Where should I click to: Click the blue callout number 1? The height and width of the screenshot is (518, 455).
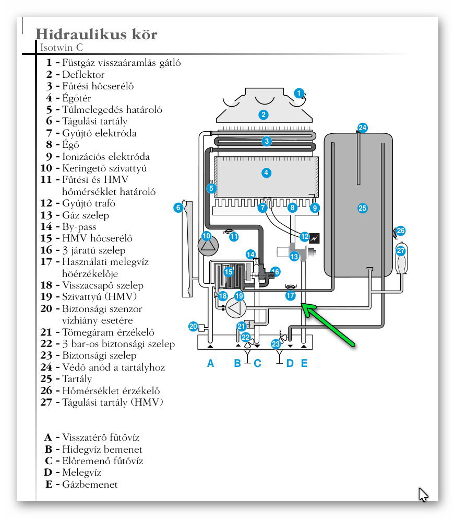pyautogui.click(x=298, y=93)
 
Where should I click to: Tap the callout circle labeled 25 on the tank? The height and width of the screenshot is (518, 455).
pyautogui.click(x=362, y=208)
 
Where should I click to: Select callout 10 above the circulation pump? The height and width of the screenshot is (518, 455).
pyautogui.click(x=207, y=236)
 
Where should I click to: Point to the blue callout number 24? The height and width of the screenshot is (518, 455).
pyautogui.click(x=362, y=128)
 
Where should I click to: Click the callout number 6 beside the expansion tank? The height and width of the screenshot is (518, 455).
pyautogui.click(x=178, y=208)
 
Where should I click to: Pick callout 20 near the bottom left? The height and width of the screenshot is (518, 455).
pyautogui.click(x=193, y=327)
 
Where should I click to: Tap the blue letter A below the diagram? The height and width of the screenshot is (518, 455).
pyautogui.click(x=211, y=363)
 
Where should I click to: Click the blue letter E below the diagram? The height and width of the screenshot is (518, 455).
pyautogui.click(x=304, y=363)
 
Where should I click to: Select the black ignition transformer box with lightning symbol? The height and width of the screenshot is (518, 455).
pyautogui.click(x=314, y=238)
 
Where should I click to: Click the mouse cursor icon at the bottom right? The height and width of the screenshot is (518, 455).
pyautogui.click(x=423, y=494)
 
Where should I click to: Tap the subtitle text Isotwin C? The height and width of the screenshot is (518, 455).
pyautogui.click(x=62, y=48)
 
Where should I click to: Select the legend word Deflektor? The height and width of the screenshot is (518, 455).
pyautogui.click(x=83, y=74)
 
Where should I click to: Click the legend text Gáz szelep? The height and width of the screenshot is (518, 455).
pyautogui.click(x=86, y=215)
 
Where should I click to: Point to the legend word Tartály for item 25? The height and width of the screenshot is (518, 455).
pyautogui.click(x=77, y=379)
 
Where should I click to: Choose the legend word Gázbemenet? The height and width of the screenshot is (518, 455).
pyautogui.click(x=90, y=485)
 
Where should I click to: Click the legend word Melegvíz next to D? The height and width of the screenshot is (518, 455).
pyautogui.click(x=82, y=473)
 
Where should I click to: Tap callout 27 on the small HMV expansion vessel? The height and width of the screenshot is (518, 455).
pyautogui.click(x=401, y=250)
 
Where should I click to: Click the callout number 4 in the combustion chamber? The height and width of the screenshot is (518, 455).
pyautogui.click(x=267, y=172)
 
